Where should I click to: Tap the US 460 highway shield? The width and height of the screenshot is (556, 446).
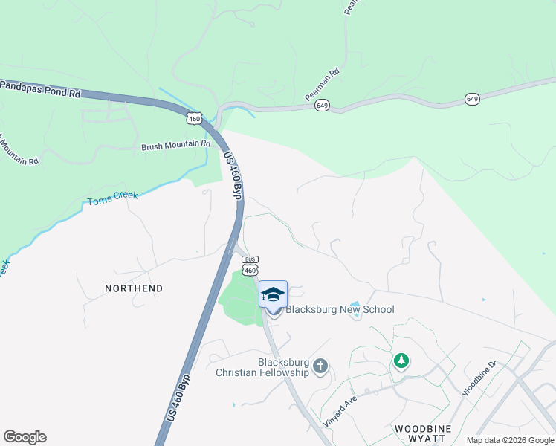[x=194, y=118]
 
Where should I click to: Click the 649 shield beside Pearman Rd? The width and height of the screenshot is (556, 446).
[x=322, y=106]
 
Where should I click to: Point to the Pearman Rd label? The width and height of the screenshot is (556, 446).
[x=323, y=85]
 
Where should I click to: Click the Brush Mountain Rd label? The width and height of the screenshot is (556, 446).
[x=175, y=145]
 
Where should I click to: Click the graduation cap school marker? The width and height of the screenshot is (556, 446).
[x=273, y=294]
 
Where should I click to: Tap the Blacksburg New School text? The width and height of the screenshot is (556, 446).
[x=340, y=309]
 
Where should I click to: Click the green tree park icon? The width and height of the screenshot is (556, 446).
[x=401, y=361]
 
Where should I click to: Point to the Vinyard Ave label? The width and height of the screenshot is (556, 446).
[x=340, y=410]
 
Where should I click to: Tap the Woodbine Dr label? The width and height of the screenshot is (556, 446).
[x=478, y=379]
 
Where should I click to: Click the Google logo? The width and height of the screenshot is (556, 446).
[x=25, y=437]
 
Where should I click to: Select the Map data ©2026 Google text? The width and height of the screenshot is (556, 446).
[x=510, y=440]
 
